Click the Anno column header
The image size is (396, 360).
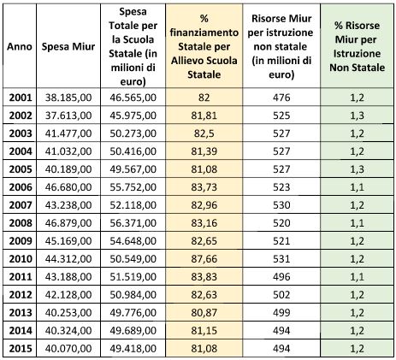tap(20, 46)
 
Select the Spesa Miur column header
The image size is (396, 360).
tap(68, 46)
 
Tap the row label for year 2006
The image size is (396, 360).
tap(21, 187)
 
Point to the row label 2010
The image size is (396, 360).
tap(21, 259)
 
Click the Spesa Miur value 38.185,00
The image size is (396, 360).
tap(68, 97)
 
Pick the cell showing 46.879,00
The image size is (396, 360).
tap(68, 223)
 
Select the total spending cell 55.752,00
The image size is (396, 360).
tap(133, 187)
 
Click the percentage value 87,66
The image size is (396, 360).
tap(204, 259)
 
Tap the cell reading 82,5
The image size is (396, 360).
tap(204, 133)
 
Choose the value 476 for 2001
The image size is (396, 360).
tap(281, 97)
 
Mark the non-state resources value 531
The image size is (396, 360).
tap(281, 259)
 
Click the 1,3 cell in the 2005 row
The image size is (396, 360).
tap(357, 169)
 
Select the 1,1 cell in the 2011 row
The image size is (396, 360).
tap(357, 277)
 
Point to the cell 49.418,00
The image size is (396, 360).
tap(133, 349)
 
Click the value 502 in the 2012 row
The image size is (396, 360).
tap(281, 295)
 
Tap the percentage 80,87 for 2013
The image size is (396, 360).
tap(204, 313)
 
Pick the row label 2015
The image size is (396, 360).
tap(21, 349)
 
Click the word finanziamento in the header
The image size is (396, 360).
tap(204, 32)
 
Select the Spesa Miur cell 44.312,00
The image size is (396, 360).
tap(68, 259)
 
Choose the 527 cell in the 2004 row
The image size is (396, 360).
tap(281, 151)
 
